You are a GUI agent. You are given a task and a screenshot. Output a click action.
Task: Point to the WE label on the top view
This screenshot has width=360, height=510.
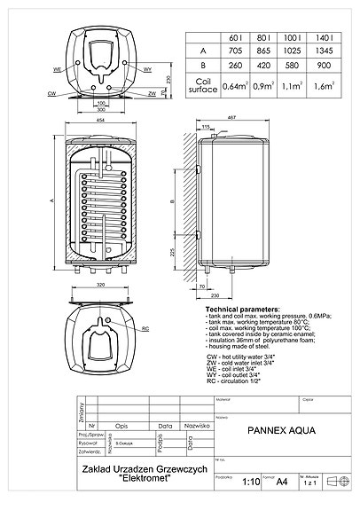[x=57, y=68]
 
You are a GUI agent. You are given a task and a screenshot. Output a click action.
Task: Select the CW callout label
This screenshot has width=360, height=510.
[x=51, y=91]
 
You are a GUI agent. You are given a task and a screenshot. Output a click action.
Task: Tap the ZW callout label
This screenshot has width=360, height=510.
[x=153, y=91]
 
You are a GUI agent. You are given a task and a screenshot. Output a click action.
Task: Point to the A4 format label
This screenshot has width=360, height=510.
[x=282, y=482]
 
